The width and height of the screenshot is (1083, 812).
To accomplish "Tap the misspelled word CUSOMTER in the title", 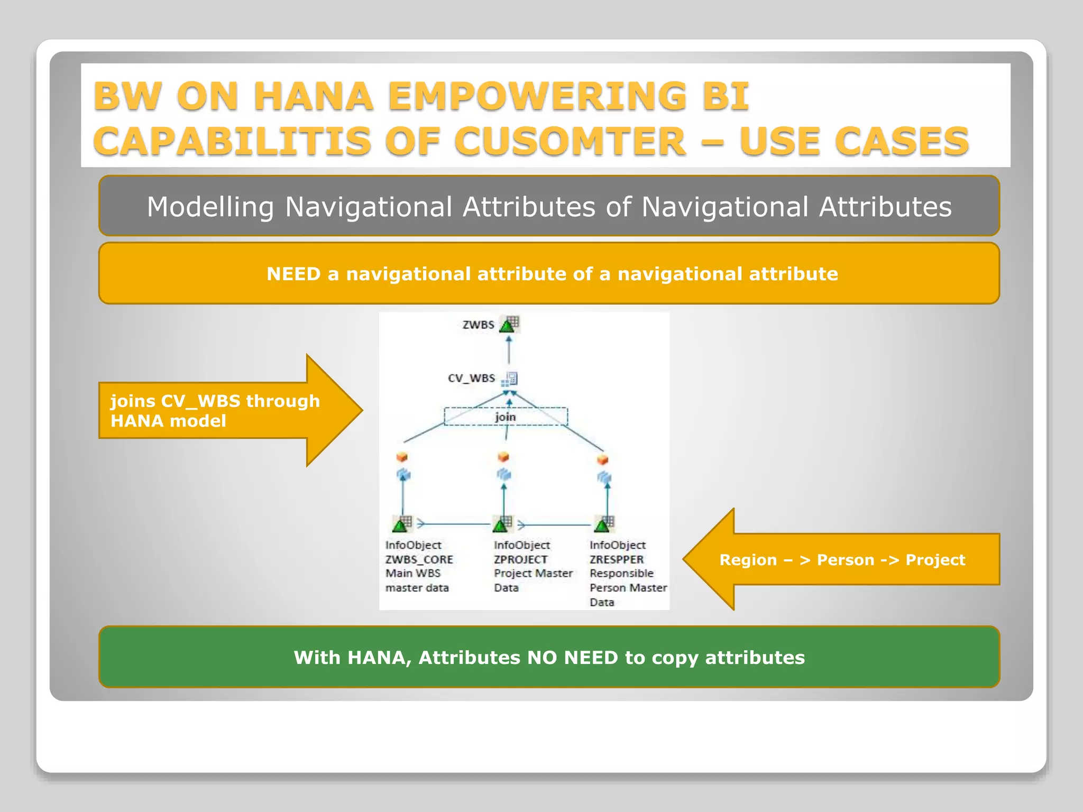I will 570,142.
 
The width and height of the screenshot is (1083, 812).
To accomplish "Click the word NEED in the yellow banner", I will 293,274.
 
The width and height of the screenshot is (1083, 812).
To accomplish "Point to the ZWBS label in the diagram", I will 478,325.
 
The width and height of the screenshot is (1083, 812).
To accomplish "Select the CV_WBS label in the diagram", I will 471,378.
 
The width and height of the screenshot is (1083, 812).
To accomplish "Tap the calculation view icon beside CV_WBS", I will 510,379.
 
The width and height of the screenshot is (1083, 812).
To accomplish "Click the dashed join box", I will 506,417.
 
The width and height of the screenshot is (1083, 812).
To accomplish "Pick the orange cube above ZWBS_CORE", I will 402,456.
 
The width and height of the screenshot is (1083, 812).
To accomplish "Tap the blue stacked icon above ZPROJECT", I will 504,474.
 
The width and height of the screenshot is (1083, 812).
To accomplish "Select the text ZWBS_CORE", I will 419,559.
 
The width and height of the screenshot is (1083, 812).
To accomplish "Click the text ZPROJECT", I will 520,559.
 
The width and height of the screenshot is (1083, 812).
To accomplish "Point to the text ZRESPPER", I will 617,559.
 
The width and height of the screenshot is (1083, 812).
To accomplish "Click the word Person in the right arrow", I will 845,560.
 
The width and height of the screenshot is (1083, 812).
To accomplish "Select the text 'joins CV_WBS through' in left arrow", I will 215,401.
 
